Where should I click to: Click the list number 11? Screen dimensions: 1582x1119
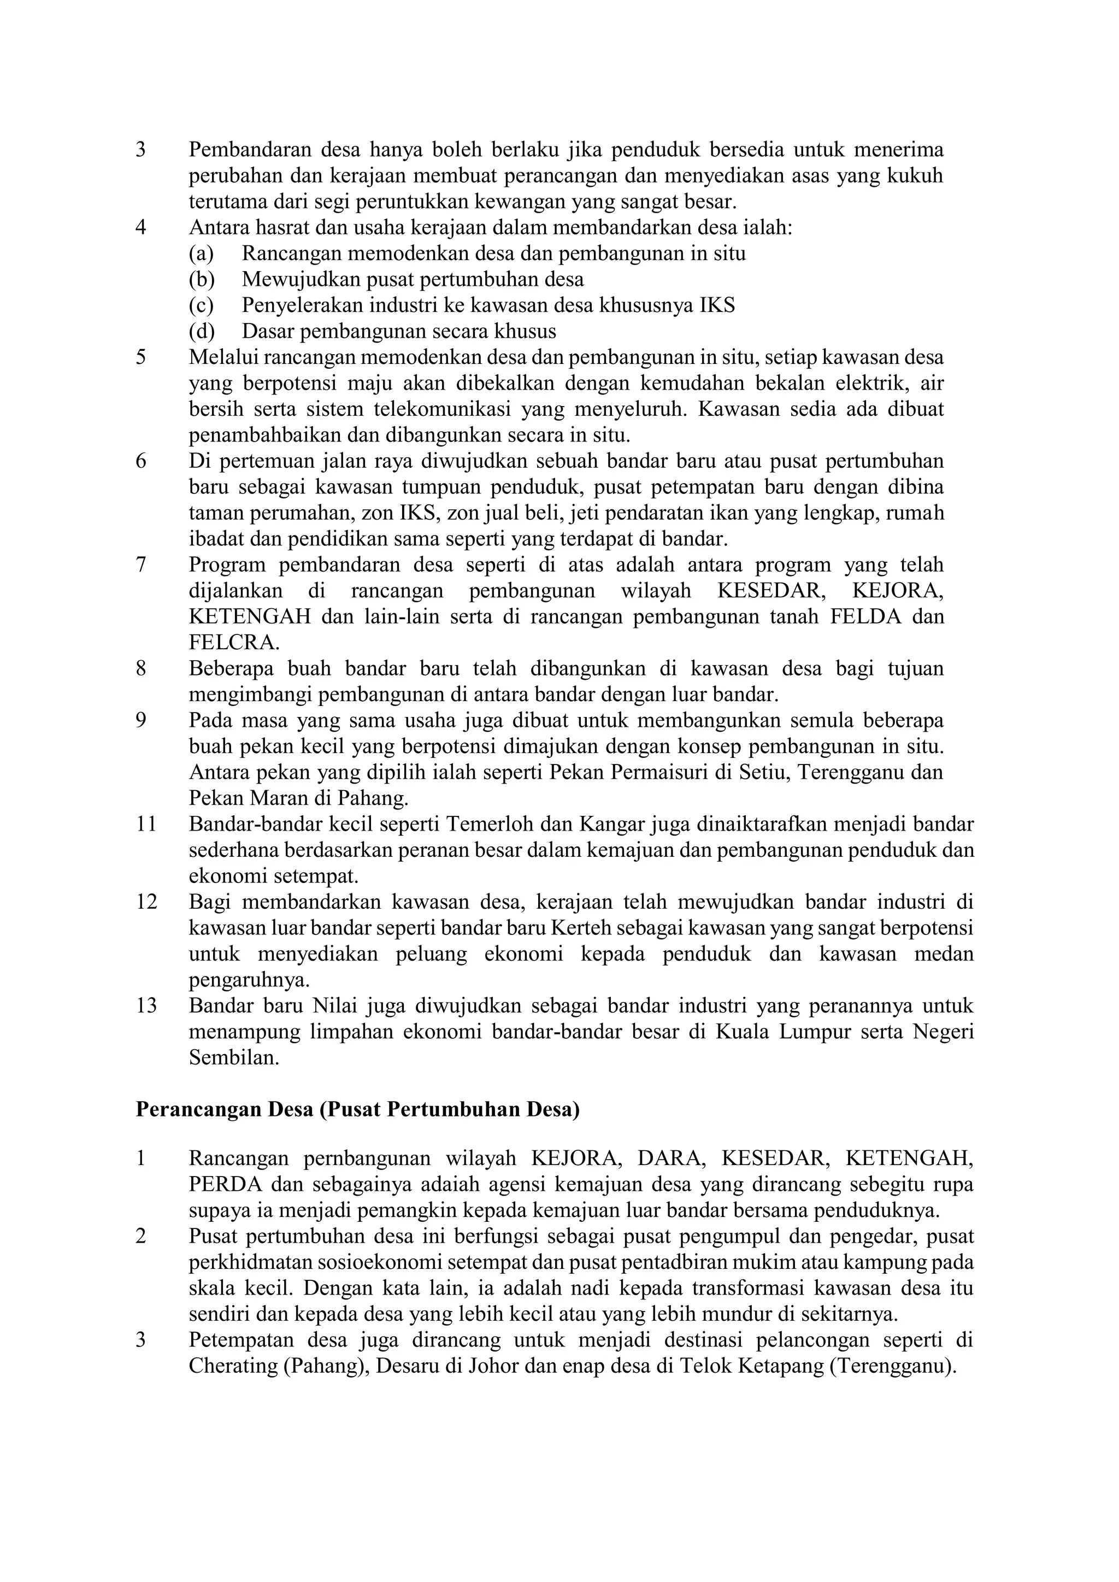146,825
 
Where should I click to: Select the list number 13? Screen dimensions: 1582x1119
146,1007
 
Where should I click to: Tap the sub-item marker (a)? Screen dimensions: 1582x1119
201,254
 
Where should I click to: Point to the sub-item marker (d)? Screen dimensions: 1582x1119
201,331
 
